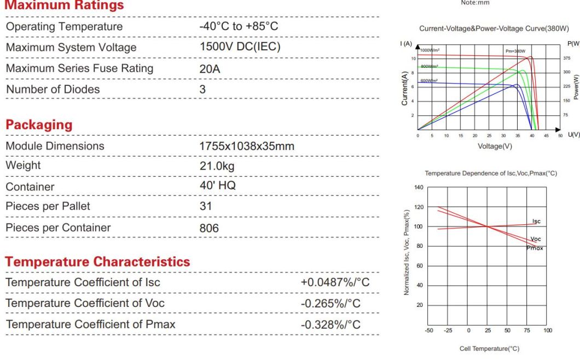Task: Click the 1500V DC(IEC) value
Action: pos(240,47)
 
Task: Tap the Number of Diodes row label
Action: pos(53,89)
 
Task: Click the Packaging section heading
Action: pos(39,125)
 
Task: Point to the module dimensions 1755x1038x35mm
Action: pos(247,146)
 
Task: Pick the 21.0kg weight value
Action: pos(217,166)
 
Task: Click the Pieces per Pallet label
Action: pos(48,206)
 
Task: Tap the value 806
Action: pos(209,228)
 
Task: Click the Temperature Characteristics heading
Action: pos(98,262)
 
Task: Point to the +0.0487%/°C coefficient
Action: pos(335,282)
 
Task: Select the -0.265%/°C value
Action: pos(330,303)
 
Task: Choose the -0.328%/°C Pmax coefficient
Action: pos(330,324)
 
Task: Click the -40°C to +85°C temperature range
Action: pos(239,26)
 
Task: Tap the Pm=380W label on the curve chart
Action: pos(515,51)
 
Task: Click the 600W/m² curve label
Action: pos(429,81)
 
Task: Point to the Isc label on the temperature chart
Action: pos(536,222)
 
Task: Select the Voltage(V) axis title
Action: pos(495,146)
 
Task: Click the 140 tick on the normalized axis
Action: pos(419,188)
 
